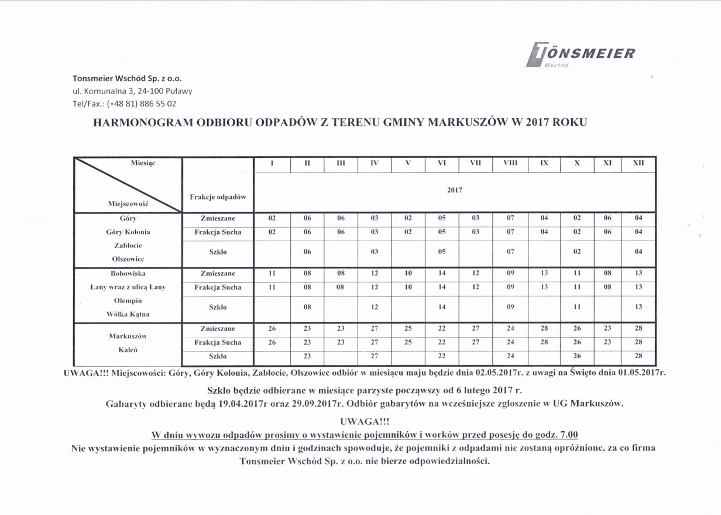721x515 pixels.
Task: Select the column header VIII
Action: tap(510, 164)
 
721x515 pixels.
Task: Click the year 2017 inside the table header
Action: tap(454, 190)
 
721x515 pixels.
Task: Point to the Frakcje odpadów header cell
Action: tap(218, 197)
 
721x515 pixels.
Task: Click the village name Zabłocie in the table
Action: tap(128, 245)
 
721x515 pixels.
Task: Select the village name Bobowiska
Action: tap(128, 273)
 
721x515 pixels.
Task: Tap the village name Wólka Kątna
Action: tap(128, 314)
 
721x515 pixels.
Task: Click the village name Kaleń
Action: tap(128, 350)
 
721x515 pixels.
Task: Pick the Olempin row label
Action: tap(128, 301)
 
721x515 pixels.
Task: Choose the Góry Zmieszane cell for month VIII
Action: tap(510, 218)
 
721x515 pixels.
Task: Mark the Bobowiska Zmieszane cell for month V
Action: tap(408, 273)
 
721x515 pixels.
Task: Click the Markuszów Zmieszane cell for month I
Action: tap(272, 329)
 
